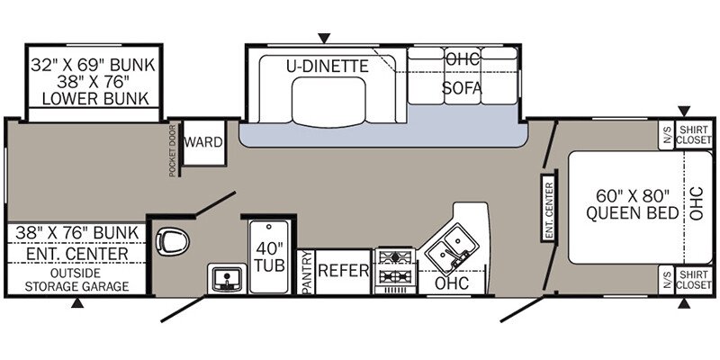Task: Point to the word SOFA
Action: [462, 88]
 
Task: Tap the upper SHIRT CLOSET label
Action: [694, 135]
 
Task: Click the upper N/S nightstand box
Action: [667, 135]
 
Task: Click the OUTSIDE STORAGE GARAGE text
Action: [76, 279]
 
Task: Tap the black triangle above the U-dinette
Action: [325, 37]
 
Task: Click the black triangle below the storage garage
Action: [78, 304]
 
